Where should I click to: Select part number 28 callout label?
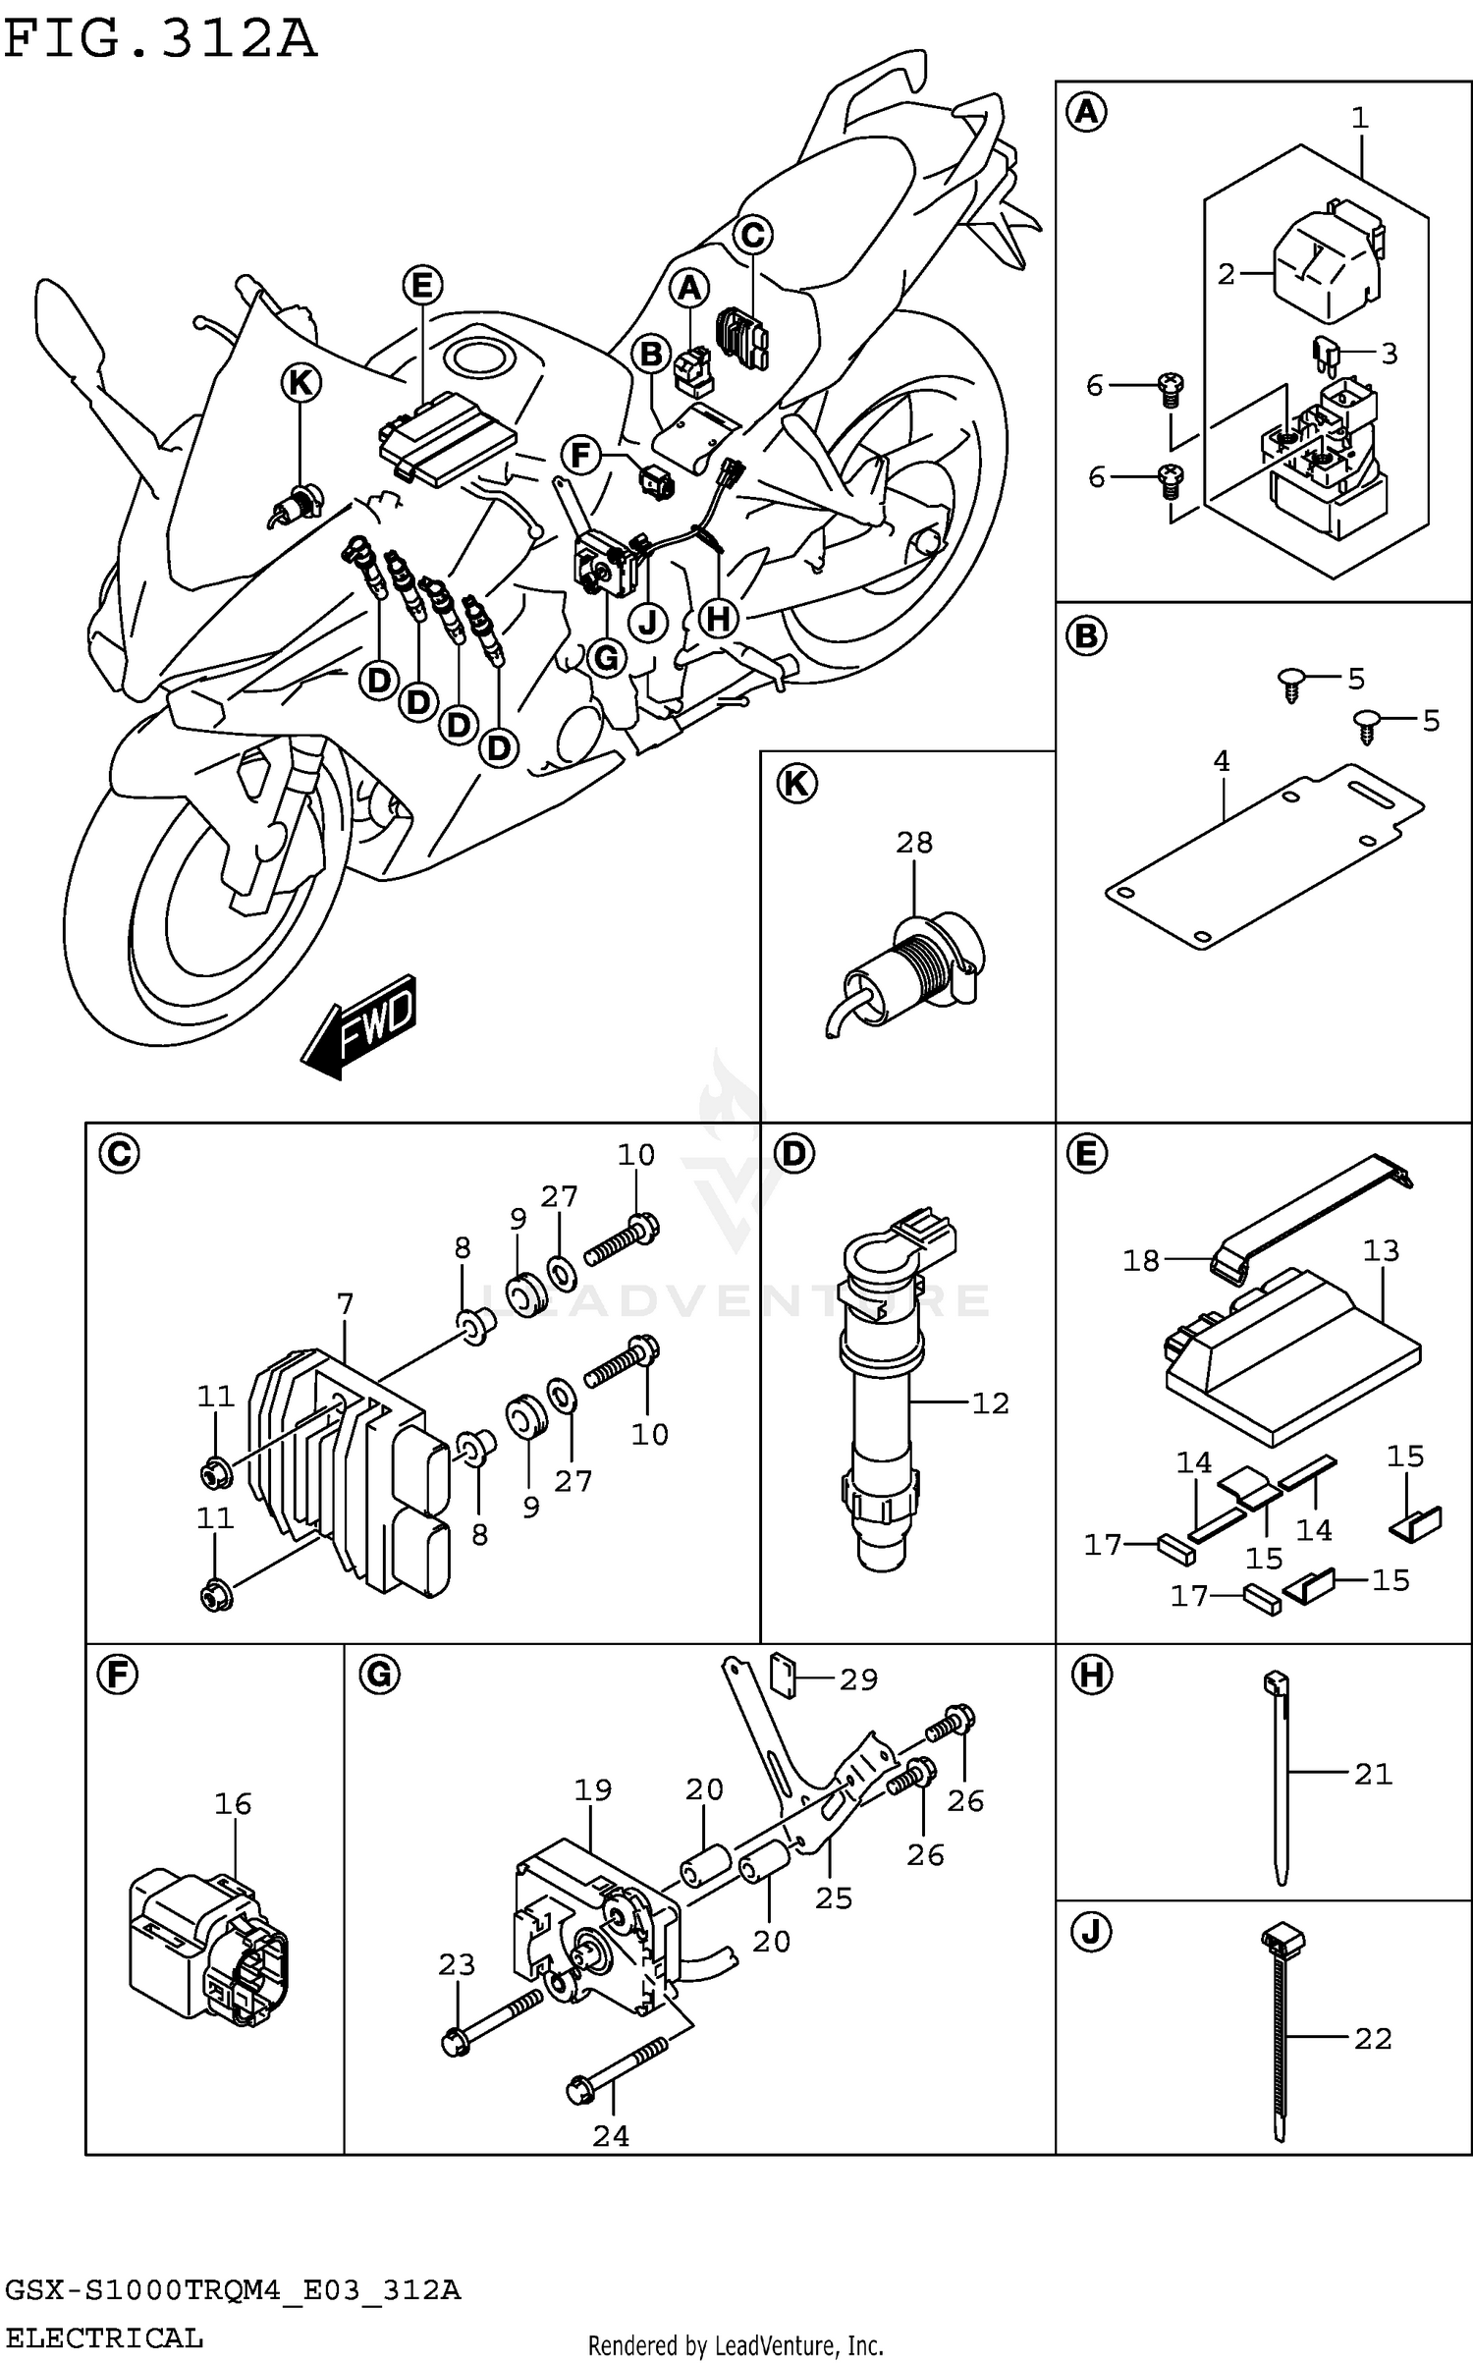913,843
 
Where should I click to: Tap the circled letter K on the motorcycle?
300,383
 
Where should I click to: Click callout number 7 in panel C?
344,1305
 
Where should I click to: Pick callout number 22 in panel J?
1372,2039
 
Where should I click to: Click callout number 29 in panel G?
857,1679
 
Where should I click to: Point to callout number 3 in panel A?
1389,354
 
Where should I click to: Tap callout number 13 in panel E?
1380,1250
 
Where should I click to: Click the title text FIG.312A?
160,41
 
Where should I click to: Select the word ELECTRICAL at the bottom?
103,2337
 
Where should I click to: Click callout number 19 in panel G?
592,1789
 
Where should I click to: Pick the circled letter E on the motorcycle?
422,286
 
